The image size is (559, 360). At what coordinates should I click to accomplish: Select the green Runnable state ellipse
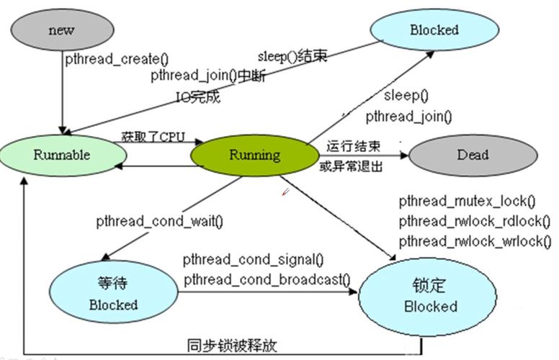tap(61, 155)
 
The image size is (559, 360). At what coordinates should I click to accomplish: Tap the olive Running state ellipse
tap(254, 155)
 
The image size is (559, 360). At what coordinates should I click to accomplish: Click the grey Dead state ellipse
tap(472, 154)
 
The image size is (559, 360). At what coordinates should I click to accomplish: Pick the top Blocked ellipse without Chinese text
tap(434, 30)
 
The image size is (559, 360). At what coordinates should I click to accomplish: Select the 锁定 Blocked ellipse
tap(430, 295)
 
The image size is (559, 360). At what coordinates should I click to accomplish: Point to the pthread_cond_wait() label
tap(159, 222)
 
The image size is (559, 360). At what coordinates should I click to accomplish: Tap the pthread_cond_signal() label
tap(253, 259)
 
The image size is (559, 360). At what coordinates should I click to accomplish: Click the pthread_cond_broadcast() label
tap(266, 279)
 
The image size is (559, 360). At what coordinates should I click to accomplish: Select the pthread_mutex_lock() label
tap(468, 200)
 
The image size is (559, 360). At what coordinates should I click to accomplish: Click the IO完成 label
tap(198, 95)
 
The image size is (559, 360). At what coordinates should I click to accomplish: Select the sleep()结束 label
tap(292, 56)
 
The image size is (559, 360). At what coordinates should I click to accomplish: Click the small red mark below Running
tap(285, 192)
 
